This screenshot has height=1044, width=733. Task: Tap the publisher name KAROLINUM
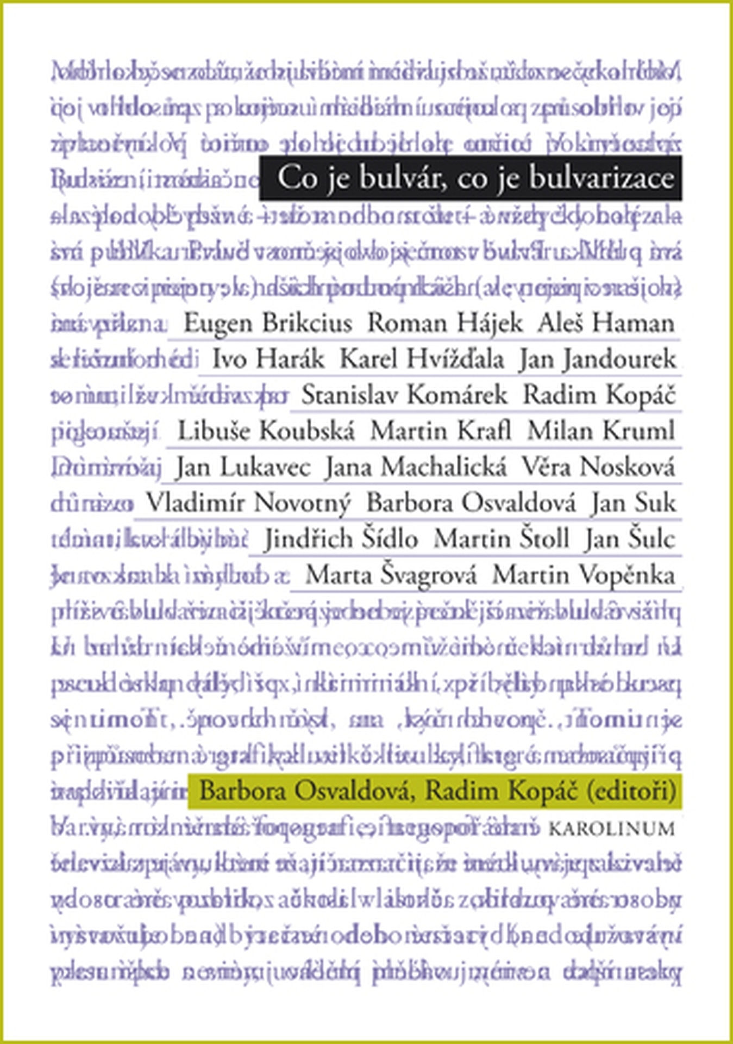[612, 829]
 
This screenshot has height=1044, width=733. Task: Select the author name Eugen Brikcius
[268, 324]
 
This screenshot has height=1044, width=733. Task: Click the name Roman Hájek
[445, 324]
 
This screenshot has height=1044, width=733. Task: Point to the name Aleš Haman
[606, 324]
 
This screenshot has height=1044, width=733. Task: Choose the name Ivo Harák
[268, 359]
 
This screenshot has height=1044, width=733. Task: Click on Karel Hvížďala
[422, 359]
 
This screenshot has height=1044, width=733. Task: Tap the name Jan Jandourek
[597, 359]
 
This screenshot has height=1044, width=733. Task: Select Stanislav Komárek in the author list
[404, 395]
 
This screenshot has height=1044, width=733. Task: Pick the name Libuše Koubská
[266, 431]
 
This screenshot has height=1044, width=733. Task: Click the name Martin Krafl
[441, 431]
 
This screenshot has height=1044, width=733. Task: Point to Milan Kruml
[601, 431]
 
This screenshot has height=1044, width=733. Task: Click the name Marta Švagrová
[391, 575]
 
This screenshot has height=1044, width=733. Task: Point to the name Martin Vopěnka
[584, 575]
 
